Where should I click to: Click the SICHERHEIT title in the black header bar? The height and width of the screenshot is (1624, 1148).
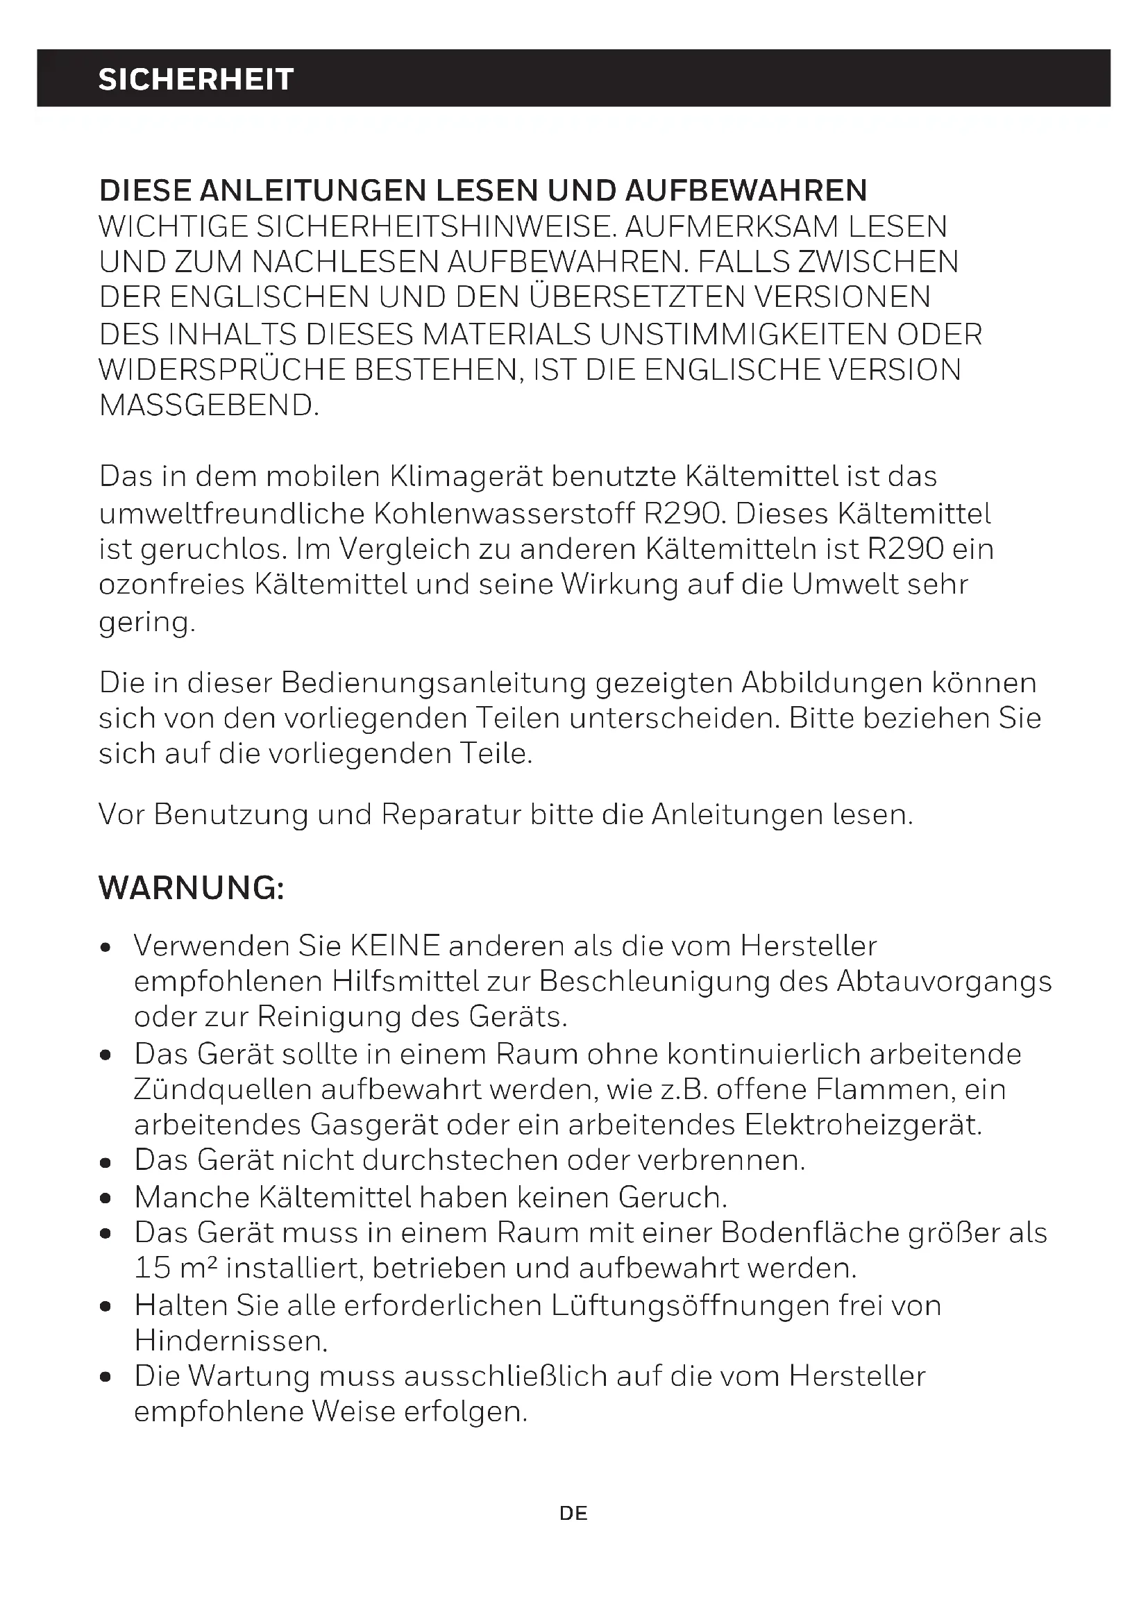tap(196, 79)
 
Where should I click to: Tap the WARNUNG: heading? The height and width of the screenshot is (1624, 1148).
tap(192, 888)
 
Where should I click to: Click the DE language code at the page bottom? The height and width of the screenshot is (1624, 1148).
tap(573, 1513)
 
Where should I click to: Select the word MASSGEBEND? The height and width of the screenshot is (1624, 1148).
tap(208, 405)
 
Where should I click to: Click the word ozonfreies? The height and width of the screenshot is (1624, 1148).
tap(171, 585)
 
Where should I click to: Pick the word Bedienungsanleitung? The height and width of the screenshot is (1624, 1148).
tap(433, 683)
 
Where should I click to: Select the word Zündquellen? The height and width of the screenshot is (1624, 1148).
tap(223, 1089)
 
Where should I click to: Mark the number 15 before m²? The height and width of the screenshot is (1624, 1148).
tap(153, 1268)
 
